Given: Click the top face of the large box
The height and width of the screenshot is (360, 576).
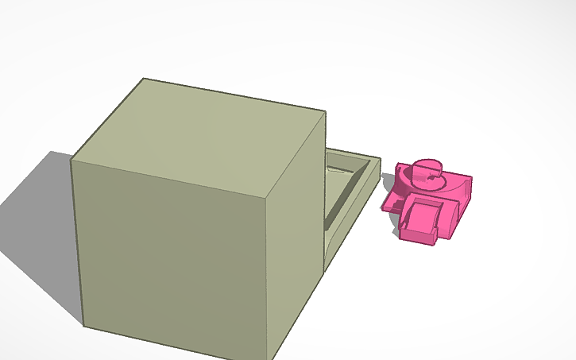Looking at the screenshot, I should pyautogui.click(x=199, y=135).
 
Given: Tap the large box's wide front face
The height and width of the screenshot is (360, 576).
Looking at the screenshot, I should pyautogui.click(x=171, y=254).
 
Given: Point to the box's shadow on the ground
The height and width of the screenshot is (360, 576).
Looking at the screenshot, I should pyautogui.click(x=40, y=230).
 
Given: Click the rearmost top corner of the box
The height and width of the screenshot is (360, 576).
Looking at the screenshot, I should pyautogui.click(x=144, y=79).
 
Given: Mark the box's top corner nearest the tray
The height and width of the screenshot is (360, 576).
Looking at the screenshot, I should pyautogui.click(x=325, y=112).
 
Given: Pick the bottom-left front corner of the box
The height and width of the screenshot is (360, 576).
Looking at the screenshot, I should pyautogui.click(x=83, y=325).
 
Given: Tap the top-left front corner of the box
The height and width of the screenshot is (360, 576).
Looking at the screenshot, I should pyautogui.click(x=72, y=159).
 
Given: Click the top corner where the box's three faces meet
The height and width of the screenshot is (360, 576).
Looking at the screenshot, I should pyautogui.click(x=266, y=196).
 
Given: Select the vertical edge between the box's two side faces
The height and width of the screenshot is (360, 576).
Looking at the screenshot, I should pyautogui.click(x=267, y=278).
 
